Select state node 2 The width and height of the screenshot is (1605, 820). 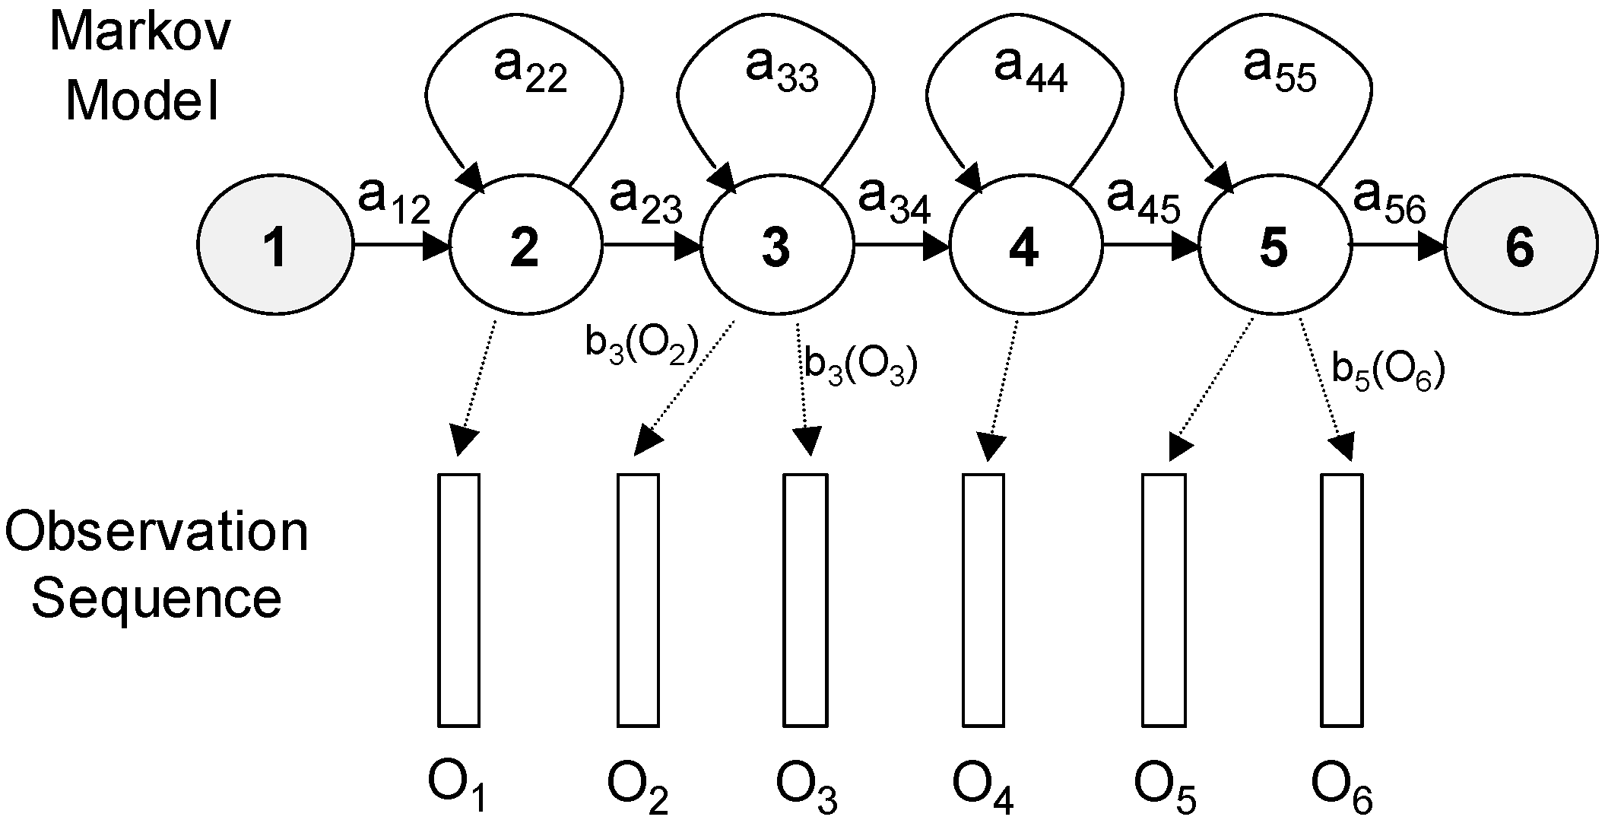coord(525,246)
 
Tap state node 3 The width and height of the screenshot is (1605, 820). coord(776,246)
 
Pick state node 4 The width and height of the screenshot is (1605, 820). coord(1025,246)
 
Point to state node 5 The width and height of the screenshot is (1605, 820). coord(1275,246)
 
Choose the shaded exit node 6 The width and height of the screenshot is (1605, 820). coord(1520,246)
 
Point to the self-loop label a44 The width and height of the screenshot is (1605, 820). coord(1030,72)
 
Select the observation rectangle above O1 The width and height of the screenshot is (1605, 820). coord(458,599)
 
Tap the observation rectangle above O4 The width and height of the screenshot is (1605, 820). coord(984,599)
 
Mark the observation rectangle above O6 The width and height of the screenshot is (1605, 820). coord(1341,599)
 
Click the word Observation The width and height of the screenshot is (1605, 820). coord(157,532)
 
